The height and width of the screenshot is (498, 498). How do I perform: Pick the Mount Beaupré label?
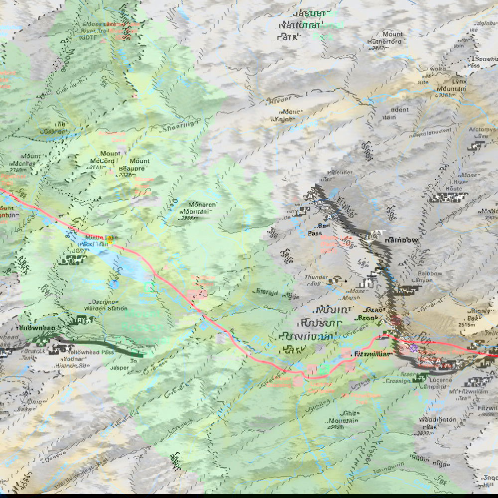(x=139, y=165)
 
